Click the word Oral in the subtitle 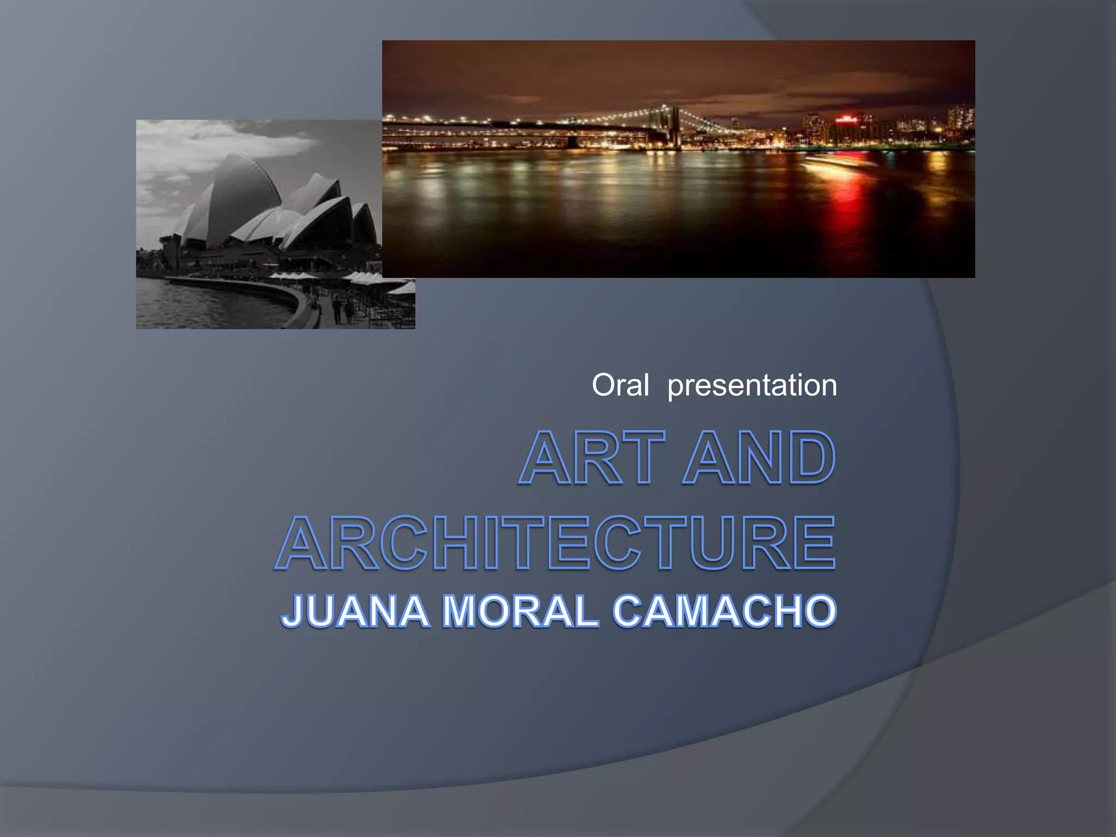(620, 385)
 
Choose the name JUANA (355, 611)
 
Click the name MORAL (520, 611)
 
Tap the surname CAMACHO (724, 611)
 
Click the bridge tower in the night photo (675, 126)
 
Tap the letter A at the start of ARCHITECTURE (302, 543)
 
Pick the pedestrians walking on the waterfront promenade (342, 311)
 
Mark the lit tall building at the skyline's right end (960, 117)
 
